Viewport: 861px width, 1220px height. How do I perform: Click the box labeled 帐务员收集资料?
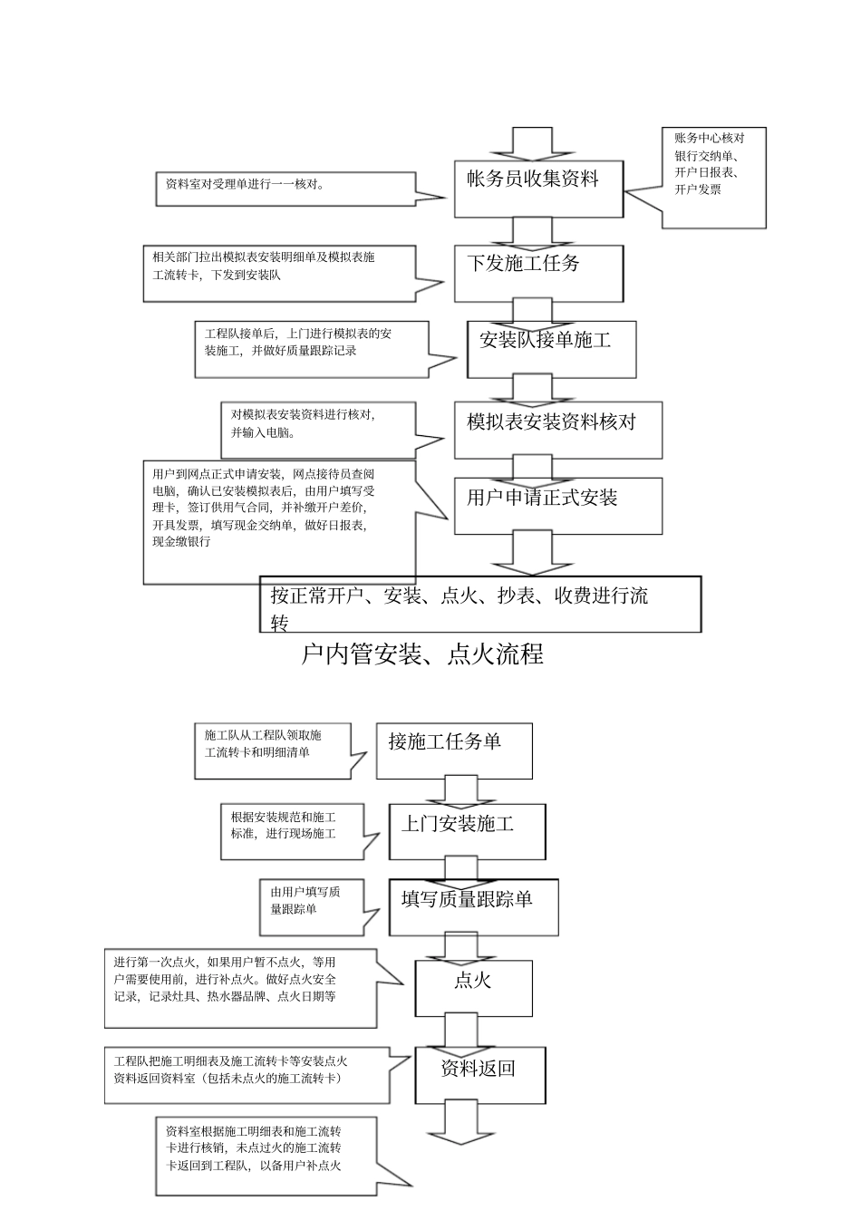click(538, 189)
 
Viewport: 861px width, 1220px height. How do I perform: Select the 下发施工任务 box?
click(538, 273)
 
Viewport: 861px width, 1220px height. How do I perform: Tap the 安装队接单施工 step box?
click(551, 349)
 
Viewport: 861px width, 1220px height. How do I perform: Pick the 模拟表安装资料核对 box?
click(558, 430)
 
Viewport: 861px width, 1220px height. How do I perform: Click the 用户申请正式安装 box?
click(558, 506)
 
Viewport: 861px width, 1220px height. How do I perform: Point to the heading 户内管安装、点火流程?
click(422, 654)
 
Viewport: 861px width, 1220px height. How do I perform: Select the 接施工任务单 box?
click(454, 750)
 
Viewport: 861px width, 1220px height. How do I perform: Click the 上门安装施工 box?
click(467, 831)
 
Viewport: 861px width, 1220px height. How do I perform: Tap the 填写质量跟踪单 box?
click(473, 907)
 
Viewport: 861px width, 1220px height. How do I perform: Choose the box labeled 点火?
click(472, 988)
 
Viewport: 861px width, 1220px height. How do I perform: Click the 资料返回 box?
click(479, 1075)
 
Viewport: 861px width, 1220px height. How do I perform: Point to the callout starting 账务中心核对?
click(713, 177)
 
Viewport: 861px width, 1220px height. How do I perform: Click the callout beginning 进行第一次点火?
click(240, 988)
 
